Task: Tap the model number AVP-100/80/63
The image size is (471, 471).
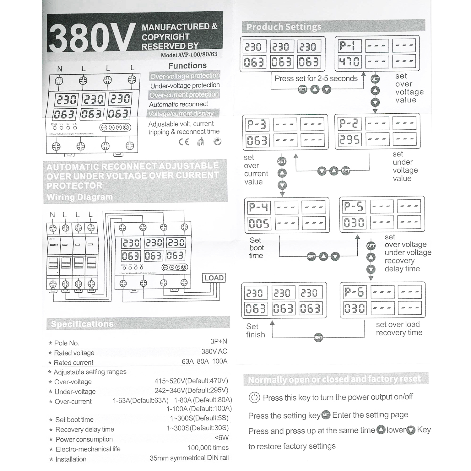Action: (x=189, y=54)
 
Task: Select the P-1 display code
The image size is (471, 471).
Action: (x=347, y=46)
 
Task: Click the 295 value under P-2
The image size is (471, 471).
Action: (x=349, y=139)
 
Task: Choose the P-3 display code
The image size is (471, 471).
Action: (x=257, y=125)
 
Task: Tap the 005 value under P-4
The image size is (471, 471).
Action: (x=259, y=224)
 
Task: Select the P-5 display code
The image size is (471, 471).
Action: (x=354, y=207)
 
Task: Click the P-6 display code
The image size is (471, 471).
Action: (x=354, y=292)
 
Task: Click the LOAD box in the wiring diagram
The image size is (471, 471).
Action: (x=214, y=278)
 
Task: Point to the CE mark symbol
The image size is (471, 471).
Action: (x=184, y=142)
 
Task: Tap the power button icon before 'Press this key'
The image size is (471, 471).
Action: (x=254, y=398)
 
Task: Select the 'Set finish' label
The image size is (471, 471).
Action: (x=255, y=331)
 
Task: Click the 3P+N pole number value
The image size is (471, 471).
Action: (x=219, y=341)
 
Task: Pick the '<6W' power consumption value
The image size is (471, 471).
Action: (x=222, y=438)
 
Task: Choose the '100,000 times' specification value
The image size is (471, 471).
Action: (x=208, y=448)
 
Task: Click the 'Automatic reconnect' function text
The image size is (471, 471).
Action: (x=178, y=104)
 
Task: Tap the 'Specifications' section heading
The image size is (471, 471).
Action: (x=82, y=324)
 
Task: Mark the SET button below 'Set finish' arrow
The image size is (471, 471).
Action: (x=318, y=338)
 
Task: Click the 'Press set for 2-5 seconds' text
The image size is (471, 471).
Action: (x=316, y=78)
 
